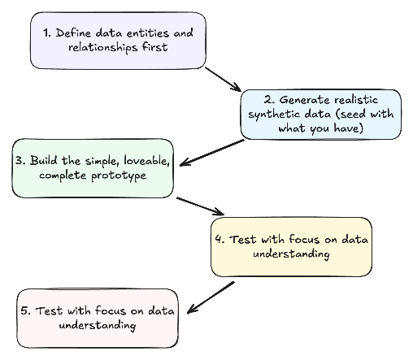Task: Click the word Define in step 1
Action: click(x=73, y=33)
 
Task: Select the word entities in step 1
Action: click(x=148, y=33)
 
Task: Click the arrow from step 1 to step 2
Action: click(x=223, y=79)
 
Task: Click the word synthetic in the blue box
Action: click(x=275, y=115)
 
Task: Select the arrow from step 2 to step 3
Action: click(x=212, y=153)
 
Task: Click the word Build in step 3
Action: click(x=44, y=160)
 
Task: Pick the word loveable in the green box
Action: click(x=146, y=161)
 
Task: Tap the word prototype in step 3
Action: click(x=119, y=176)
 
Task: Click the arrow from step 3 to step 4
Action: click(x=200, y=206)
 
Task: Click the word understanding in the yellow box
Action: click(x=291, y=254)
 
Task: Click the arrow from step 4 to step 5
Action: click(x=211, y=297)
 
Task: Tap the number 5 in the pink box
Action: click(x=25, y=310)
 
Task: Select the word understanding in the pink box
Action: click(x=98, y=326)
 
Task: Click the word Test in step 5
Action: click(x=49, y=310)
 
